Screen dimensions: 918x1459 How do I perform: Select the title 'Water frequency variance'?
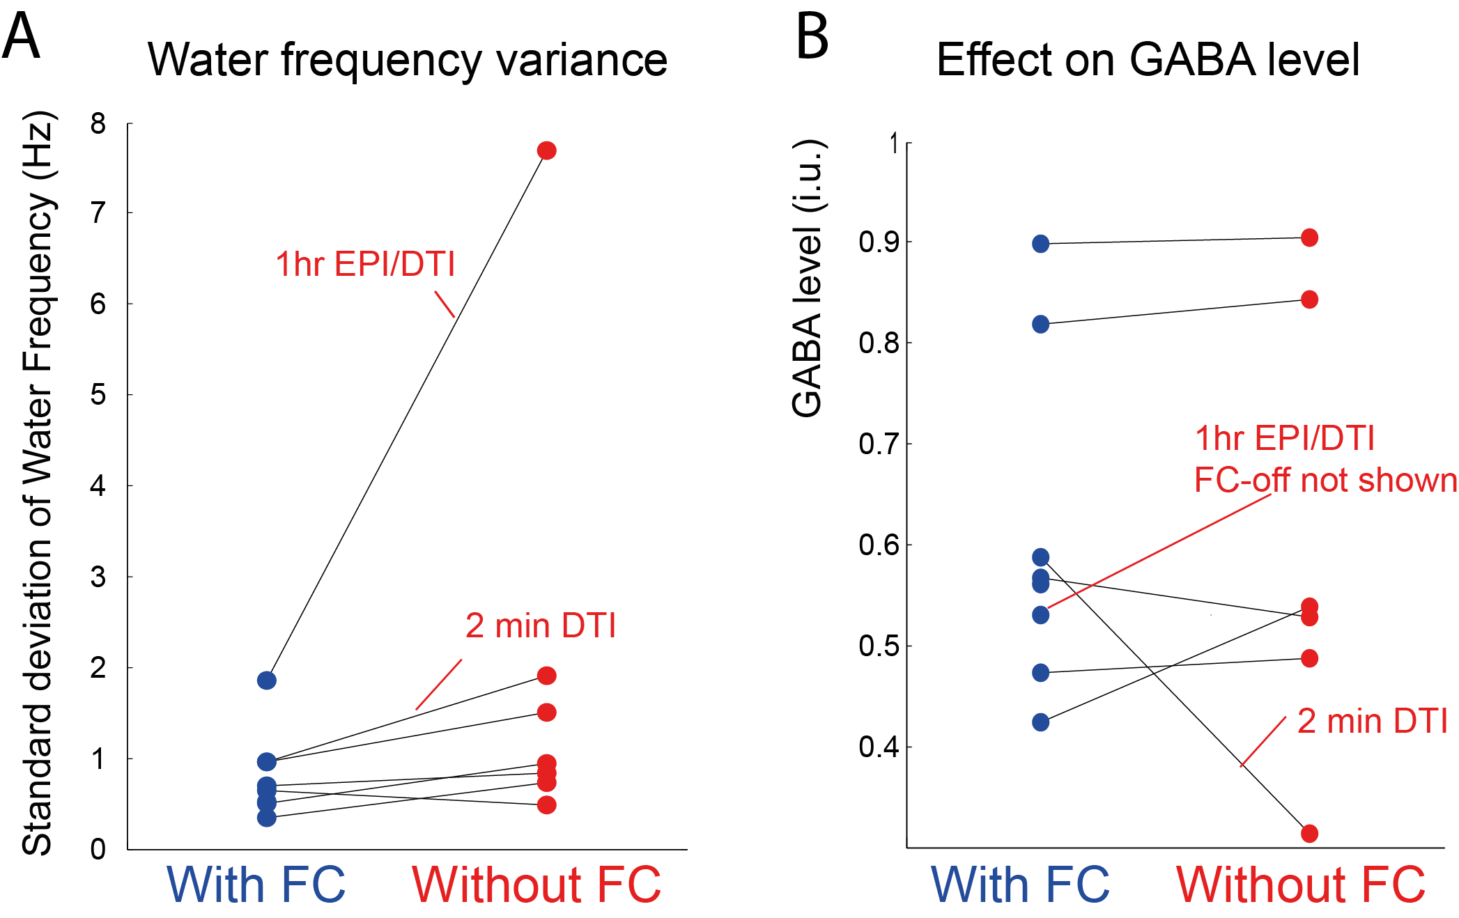coord(408,60)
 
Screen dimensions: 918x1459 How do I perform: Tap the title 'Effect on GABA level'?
coord(1148,60)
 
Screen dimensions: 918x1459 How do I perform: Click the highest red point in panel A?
coord(546,150)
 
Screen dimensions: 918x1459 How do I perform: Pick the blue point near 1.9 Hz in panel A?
coord(266,680)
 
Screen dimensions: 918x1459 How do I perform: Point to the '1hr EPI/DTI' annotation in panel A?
coord(365,265)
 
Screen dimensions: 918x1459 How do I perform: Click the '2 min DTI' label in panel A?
coord(541,625)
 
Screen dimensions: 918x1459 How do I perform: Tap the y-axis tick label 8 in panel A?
coord(98,124)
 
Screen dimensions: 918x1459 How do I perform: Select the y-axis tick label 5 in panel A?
coord(98,395)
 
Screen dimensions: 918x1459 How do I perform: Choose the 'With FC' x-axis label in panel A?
coord(256,885)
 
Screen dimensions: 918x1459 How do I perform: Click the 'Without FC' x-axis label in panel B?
coord(1301,885)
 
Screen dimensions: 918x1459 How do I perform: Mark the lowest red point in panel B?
coord(1309,833)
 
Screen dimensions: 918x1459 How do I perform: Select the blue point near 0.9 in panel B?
coord(1040,244)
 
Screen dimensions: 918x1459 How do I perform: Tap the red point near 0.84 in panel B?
coord(1309,299)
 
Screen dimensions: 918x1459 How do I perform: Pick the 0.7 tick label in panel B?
coord(879,444)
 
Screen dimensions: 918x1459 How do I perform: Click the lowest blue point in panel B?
coord(1040,722)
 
